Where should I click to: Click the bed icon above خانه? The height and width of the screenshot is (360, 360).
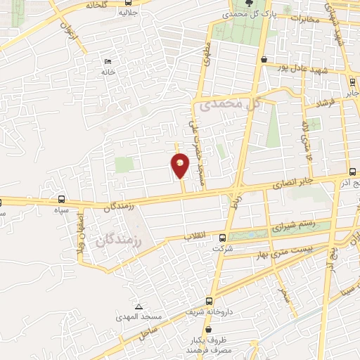[107, 61]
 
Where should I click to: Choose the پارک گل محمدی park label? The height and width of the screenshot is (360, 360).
[242, 13]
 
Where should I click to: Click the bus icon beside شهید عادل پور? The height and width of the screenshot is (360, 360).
[264, 60]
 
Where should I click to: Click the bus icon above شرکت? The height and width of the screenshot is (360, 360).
[223, 238]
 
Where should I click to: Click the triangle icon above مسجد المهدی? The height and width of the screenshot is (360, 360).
[139, 307]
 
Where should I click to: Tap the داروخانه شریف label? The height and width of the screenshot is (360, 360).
[204, 309]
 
